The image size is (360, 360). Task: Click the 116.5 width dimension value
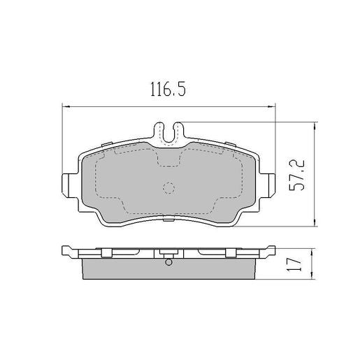(168, 89)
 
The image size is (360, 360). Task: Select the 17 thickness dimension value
(297, 264)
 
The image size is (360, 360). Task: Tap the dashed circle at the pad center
(168, 188)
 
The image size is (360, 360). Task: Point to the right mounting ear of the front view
(268, 183)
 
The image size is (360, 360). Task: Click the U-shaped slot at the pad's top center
(168, 131)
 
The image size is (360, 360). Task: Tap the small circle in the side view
(168, 263)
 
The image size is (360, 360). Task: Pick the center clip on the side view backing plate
(168, 252)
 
